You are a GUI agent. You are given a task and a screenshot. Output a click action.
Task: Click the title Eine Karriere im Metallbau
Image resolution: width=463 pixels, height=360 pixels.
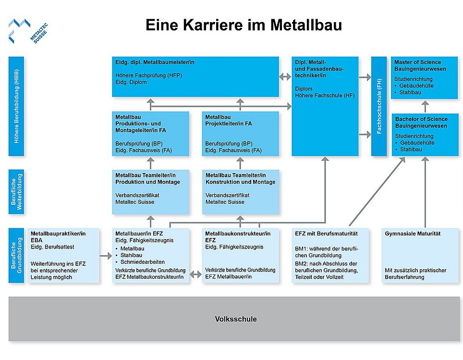[244, 25]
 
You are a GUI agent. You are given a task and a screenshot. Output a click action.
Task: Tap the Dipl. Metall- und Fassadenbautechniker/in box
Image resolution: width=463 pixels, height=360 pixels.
[325, 106]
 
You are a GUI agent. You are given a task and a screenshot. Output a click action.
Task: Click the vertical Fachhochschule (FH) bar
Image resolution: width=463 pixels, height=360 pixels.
[378, 106]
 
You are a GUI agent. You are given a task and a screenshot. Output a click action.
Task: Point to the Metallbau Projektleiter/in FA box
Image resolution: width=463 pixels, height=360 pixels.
[240, 134]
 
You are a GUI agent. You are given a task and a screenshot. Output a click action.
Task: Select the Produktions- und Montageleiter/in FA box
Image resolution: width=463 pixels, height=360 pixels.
[150, 134]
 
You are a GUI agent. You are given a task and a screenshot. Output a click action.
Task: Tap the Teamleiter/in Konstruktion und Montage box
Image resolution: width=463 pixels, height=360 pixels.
[240, 191]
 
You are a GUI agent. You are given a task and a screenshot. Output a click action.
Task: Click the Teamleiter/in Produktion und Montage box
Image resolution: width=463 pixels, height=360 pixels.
[150, 191]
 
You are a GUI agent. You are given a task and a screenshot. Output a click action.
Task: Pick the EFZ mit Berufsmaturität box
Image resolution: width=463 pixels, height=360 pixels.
[330, 255]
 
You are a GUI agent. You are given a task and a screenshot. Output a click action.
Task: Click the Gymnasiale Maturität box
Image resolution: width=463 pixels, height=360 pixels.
[421, 255]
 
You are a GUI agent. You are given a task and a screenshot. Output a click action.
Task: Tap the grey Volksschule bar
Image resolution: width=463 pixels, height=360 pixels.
[235, 319]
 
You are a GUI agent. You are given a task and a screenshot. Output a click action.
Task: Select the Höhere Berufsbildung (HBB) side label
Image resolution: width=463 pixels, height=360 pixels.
[16, 106]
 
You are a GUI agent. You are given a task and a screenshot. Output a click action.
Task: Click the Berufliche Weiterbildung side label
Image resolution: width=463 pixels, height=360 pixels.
[16, 191]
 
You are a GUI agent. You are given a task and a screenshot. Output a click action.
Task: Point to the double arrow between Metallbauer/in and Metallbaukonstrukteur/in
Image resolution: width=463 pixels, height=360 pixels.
[196, 275]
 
